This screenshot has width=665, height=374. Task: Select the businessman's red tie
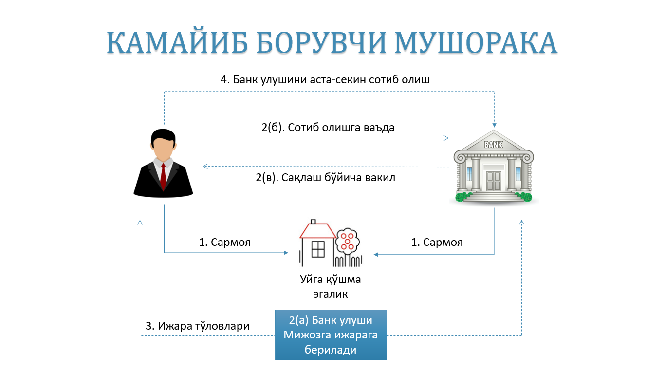(164, 175)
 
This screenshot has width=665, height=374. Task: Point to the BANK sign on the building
(493, 145)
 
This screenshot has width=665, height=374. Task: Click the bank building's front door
(494, 180)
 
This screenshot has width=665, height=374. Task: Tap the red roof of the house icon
(318, 229)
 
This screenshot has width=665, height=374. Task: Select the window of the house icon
(318, 249)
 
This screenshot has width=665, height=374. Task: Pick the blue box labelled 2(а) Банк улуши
(331, 335)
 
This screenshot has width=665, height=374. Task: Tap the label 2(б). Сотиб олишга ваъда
(328, 128)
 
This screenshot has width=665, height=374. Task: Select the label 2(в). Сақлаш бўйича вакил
(325, 178)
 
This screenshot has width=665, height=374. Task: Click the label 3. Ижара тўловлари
(198, 326)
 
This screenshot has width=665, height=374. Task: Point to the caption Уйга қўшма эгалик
(331, 287)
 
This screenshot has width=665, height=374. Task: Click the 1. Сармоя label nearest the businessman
(224, 242)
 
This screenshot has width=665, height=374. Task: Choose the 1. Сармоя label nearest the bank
(437, 242)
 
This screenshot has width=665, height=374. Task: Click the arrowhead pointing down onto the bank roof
(495, 129)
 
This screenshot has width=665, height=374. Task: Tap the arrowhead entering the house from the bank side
(376, 254)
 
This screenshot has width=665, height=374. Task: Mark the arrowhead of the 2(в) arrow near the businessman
(205, 167)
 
